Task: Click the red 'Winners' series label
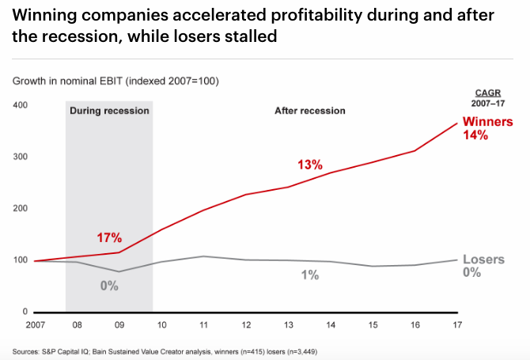tap(487, 122)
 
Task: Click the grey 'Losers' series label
tap(484, 260)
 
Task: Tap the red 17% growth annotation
tap(109, 237)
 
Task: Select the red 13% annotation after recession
tap(310, 165)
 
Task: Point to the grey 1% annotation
tap(309, 275)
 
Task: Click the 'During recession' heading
tap(109, 111)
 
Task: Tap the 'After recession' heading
tap(309, 111)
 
